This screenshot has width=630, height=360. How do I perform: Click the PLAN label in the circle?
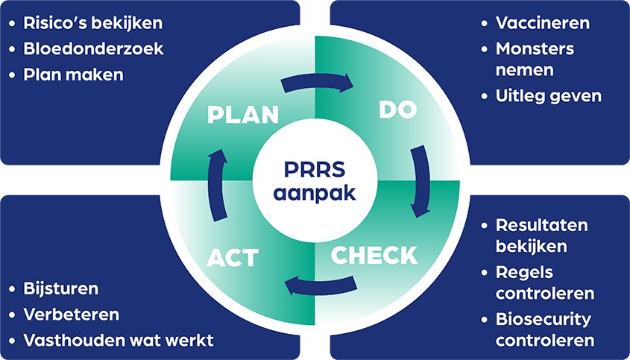coord(243,116)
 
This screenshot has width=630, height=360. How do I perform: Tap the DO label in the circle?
coord(397,110)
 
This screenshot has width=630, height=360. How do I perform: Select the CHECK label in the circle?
coord(374,255)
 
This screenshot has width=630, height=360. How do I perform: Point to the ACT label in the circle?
coord(233,259)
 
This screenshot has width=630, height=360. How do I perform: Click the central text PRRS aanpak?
coord(315,181)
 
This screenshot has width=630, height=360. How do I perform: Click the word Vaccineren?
coord(542,22)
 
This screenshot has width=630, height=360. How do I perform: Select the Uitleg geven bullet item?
coord(548,95)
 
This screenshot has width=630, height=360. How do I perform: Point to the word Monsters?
coord(535,48)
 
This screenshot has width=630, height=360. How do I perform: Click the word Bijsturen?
coord(60,288)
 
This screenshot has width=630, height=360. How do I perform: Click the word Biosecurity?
coord(543,319)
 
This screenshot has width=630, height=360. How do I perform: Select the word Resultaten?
coord(541,224)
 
